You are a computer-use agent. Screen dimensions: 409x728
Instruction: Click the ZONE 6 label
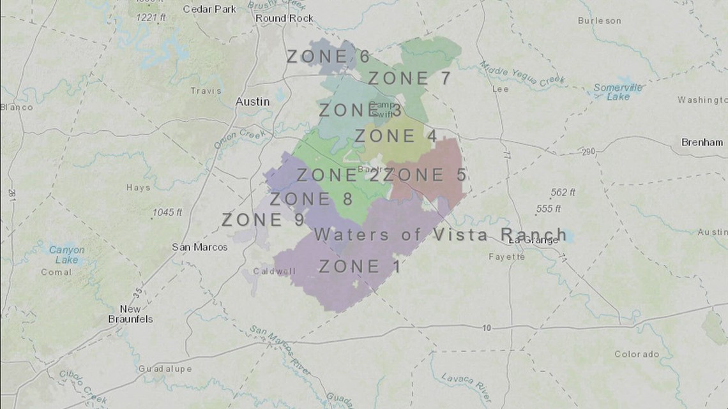click(328, 57)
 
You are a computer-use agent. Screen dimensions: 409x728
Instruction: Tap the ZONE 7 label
click(409, 79)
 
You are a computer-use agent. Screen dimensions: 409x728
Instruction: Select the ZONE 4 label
click(396, 137)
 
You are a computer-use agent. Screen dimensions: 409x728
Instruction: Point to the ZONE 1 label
click(360, 266)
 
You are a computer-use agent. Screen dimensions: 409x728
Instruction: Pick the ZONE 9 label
click(262, 220)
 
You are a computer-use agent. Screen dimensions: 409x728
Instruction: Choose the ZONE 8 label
click(311, 199)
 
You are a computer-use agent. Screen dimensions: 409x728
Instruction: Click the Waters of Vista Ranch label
click(440, 235)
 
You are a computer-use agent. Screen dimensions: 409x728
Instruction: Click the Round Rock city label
click(284, 19)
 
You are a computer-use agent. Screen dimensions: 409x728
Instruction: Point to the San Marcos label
click(200, 247)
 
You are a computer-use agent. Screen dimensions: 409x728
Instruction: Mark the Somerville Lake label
click(618, 92)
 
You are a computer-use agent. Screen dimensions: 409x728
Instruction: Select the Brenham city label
click(702, 142)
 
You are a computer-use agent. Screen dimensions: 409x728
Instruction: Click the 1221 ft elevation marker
click(150, 17)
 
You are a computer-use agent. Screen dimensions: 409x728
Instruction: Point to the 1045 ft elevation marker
click(168, 212)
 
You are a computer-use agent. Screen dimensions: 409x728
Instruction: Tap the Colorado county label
click(636, 354)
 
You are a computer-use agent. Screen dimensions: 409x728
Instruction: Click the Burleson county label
click(599, 21)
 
